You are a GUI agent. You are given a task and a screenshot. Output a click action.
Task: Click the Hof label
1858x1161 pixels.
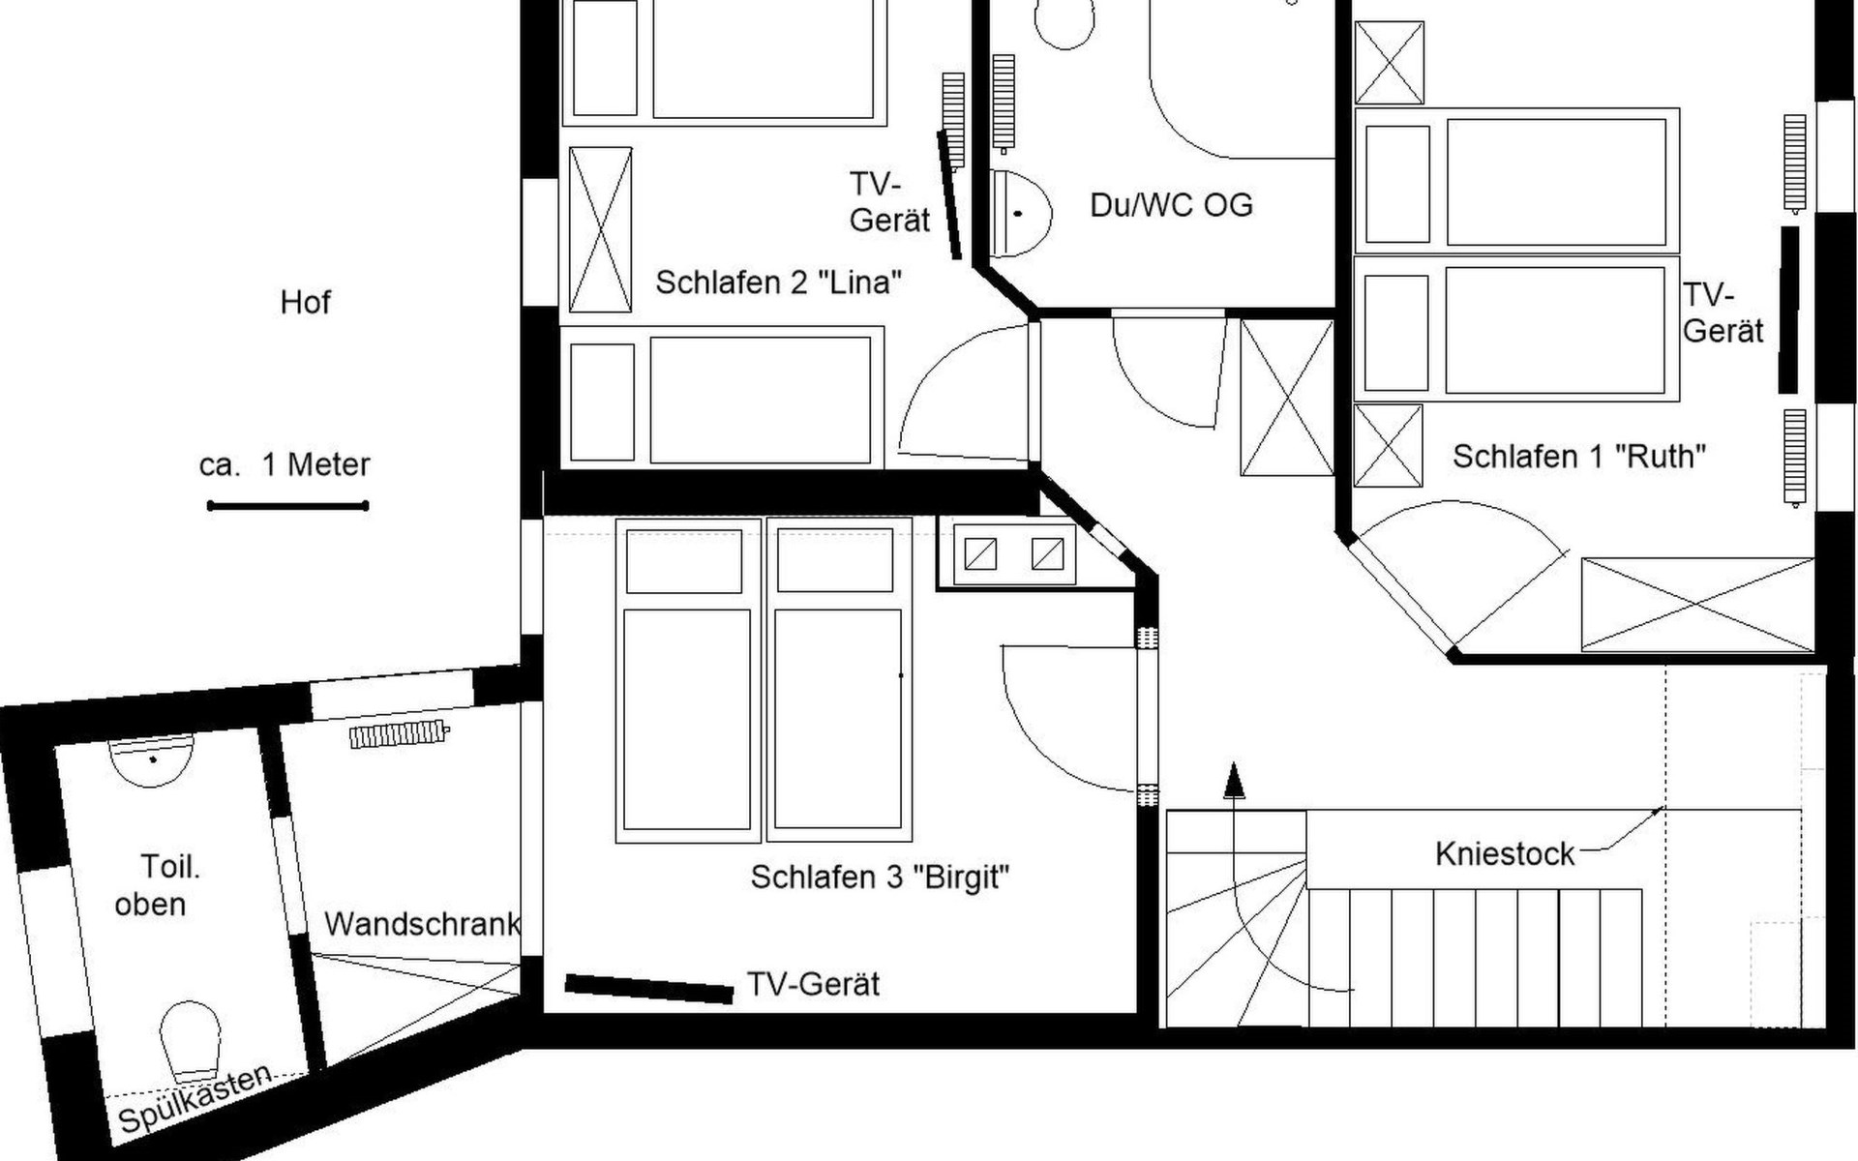305,303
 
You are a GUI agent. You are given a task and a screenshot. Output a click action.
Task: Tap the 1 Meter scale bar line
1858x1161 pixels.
288,505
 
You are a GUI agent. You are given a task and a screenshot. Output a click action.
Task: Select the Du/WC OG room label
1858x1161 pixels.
1171,205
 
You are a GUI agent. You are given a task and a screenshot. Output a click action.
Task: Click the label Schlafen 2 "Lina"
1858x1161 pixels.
779,283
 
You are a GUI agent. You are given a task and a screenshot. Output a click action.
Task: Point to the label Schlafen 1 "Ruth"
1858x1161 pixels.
1579,456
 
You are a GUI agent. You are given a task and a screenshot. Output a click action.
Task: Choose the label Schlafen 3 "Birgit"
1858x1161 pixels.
880,878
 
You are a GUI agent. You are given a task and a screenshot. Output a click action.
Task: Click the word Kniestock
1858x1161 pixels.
1505,854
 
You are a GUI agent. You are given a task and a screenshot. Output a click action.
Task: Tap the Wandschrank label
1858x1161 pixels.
423,924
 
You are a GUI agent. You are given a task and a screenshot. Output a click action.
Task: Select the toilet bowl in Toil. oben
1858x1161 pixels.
191,1042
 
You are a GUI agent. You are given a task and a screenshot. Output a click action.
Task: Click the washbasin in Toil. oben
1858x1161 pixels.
152,760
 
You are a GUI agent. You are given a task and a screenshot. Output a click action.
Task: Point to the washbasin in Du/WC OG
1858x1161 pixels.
1020,213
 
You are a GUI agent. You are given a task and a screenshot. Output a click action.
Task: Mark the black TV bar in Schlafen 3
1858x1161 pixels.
648,988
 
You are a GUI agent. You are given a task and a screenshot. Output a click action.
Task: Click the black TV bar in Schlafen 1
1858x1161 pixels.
1789,310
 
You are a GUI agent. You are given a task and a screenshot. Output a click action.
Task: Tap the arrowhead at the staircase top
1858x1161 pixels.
1234,781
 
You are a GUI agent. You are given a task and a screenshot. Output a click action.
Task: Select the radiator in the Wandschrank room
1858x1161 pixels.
399,734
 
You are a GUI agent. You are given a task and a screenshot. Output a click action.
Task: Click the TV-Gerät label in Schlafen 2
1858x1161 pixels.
889,202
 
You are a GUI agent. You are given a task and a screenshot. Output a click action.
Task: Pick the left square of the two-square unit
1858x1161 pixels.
980,553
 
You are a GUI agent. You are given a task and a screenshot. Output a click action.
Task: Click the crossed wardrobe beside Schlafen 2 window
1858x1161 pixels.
600,229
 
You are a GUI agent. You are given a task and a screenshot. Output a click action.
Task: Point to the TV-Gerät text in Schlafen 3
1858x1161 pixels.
813,985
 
